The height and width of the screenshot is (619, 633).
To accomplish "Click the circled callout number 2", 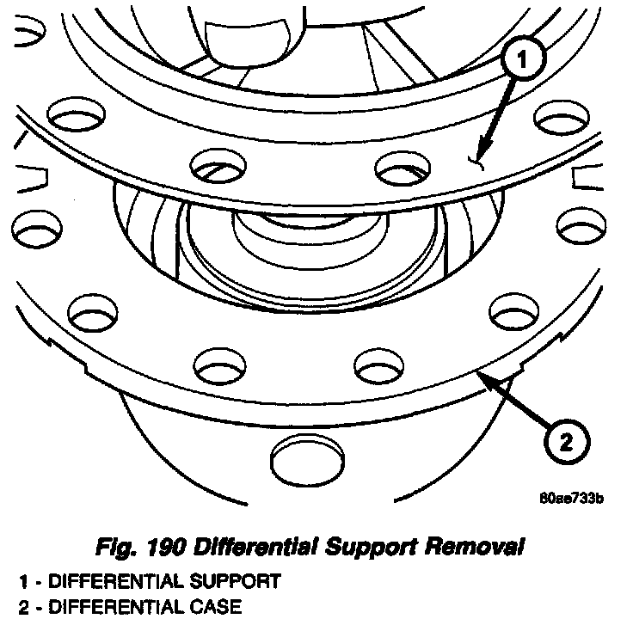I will (x=564, y=444).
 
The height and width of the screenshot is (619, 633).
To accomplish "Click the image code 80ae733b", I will (x=570, y=499).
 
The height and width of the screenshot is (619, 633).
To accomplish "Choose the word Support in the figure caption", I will (x=374, y=546).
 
